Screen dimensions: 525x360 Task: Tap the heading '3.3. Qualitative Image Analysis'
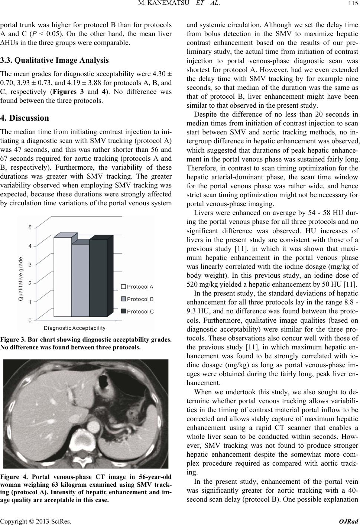point(54,60)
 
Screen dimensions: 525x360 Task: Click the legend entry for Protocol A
point(138,287)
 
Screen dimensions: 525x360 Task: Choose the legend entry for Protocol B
point(138,299)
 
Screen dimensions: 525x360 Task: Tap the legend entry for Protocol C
point(138,311)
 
